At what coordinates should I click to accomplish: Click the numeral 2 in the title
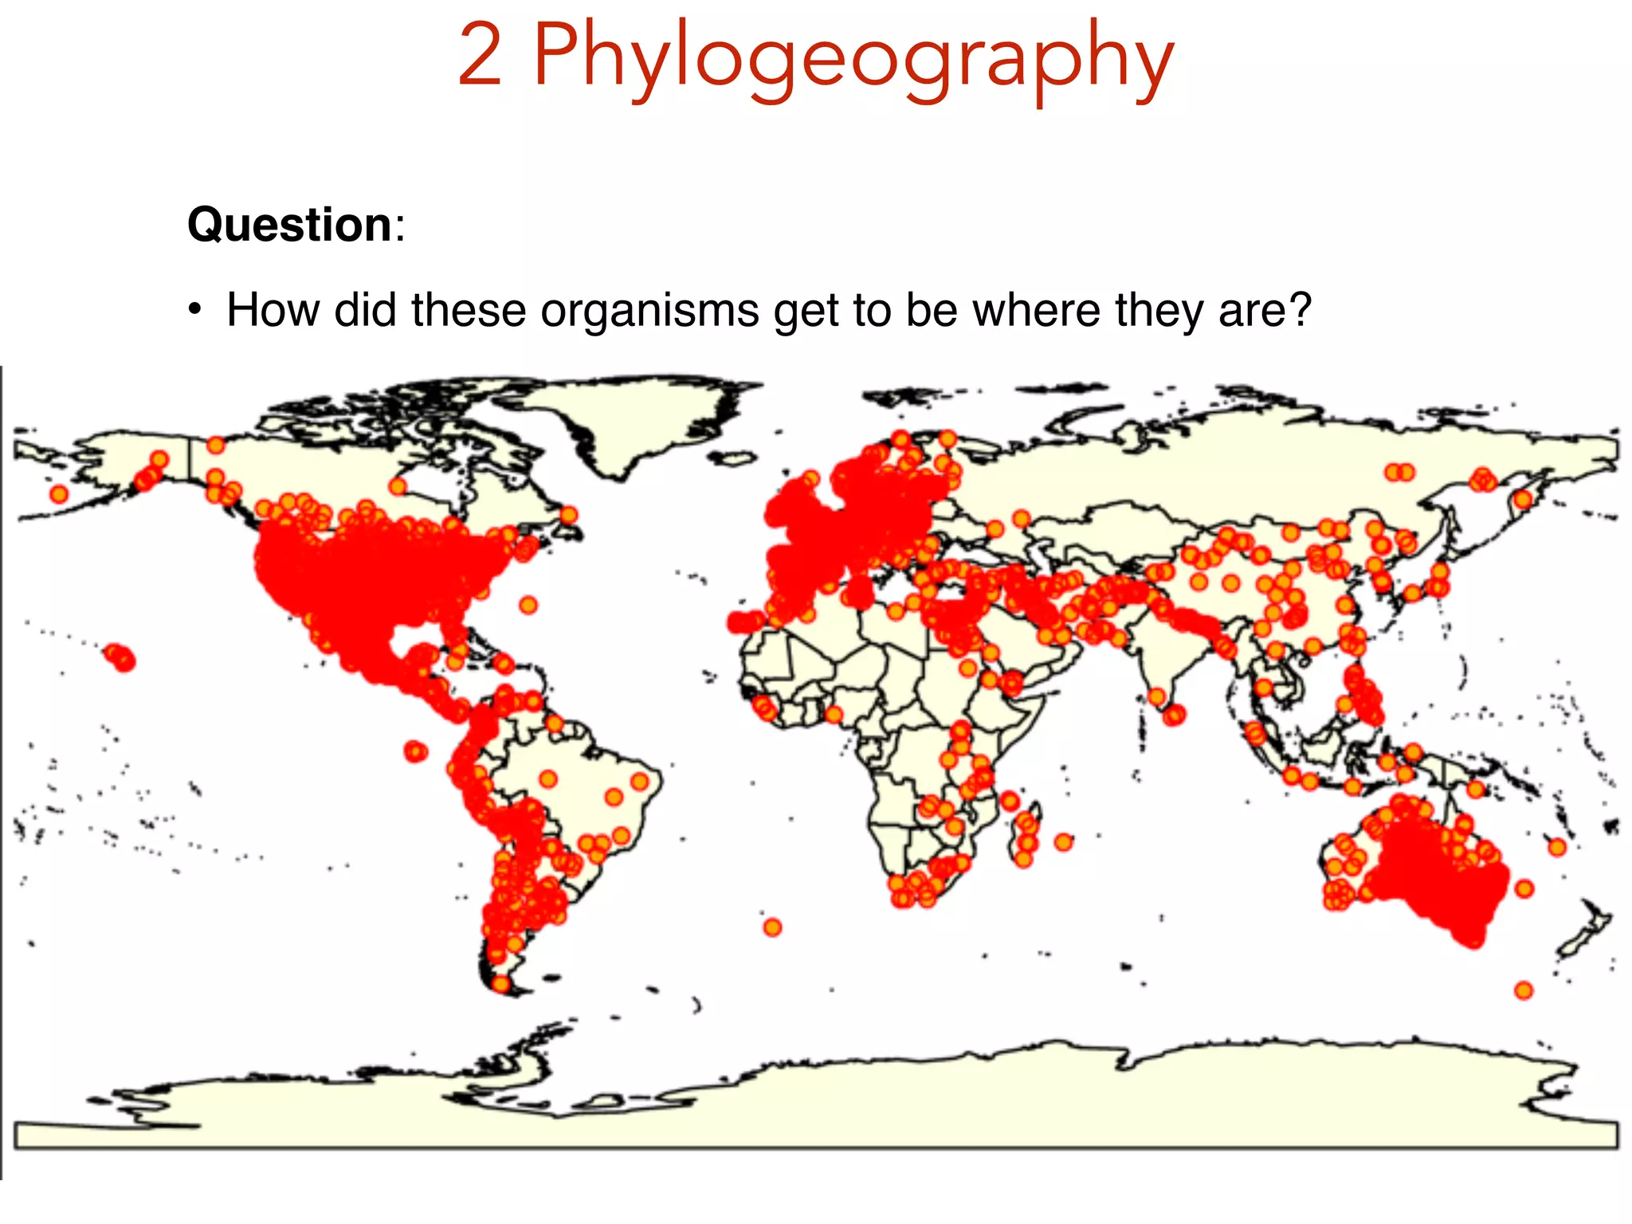481,56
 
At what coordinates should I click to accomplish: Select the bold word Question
289,225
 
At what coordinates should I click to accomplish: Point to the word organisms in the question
649,310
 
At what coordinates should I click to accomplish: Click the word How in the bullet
273,310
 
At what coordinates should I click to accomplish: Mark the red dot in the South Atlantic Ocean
772,927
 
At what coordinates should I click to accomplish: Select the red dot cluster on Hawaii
120,657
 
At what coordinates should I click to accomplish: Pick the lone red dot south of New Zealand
1524,991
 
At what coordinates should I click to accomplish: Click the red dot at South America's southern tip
500,983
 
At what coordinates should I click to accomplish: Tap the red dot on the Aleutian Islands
58,494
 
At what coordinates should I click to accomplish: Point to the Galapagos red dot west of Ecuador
415,751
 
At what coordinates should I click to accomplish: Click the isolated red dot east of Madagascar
1064,841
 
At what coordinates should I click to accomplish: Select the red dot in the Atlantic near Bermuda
528,605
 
